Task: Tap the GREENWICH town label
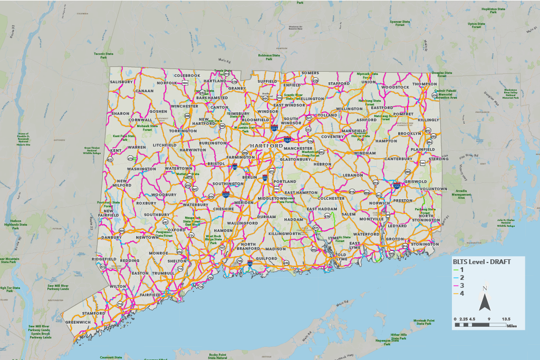coord(78,322)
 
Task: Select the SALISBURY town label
coord(122,82)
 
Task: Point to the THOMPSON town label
coord(425,84)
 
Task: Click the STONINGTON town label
coord(425,244)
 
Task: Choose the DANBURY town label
coord(111,237)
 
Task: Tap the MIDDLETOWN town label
coord(272,198)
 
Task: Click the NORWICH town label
coord(379,203)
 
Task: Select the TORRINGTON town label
coord(182,131)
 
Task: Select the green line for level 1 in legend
coord(457,269)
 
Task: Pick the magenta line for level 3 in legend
coord(457,285)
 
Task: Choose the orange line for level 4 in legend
coord(457,293)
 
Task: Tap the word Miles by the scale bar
coord(512,326)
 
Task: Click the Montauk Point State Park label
coord(423,322)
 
